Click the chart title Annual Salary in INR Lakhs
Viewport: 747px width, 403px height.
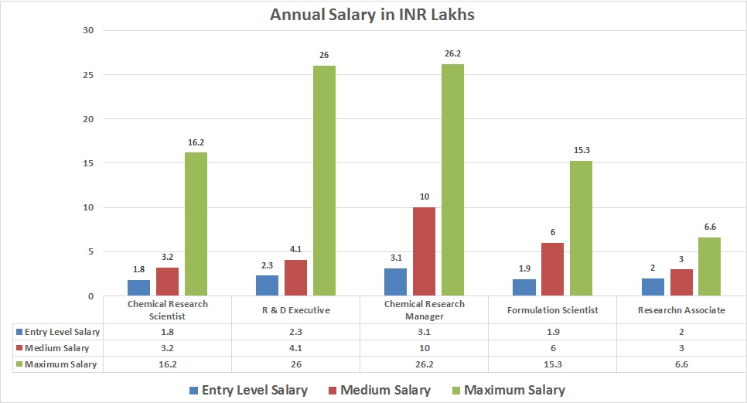[373, 15]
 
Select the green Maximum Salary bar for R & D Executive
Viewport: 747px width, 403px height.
[324, 180]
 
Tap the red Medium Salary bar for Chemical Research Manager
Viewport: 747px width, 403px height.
[424, 251]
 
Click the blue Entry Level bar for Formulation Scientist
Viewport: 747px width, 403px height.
[523, 287]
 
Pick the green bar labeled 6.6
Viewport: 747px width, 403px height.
[709, 266]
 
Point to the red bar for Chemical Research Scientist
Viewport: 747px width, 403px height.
[167, 282]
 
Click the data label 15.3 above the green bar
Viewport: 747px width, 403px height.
[581, 151]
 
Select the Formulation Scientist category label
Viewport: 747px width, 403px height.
[552, 310]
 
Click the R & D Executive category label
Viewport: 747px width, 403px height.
[295, 310]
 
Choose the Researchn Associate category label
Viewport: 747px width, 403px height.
[681, 310]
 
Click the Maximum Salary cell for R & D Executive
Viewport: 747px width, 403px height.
[295, 364]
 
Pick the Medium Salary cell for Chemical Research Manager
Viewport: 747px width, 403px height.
[424, 347]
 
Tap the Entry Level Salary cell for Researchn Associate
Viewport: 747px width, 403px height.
[681, 331]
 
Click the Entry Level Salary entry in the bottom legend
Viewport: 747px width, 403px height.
[254, 390]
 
